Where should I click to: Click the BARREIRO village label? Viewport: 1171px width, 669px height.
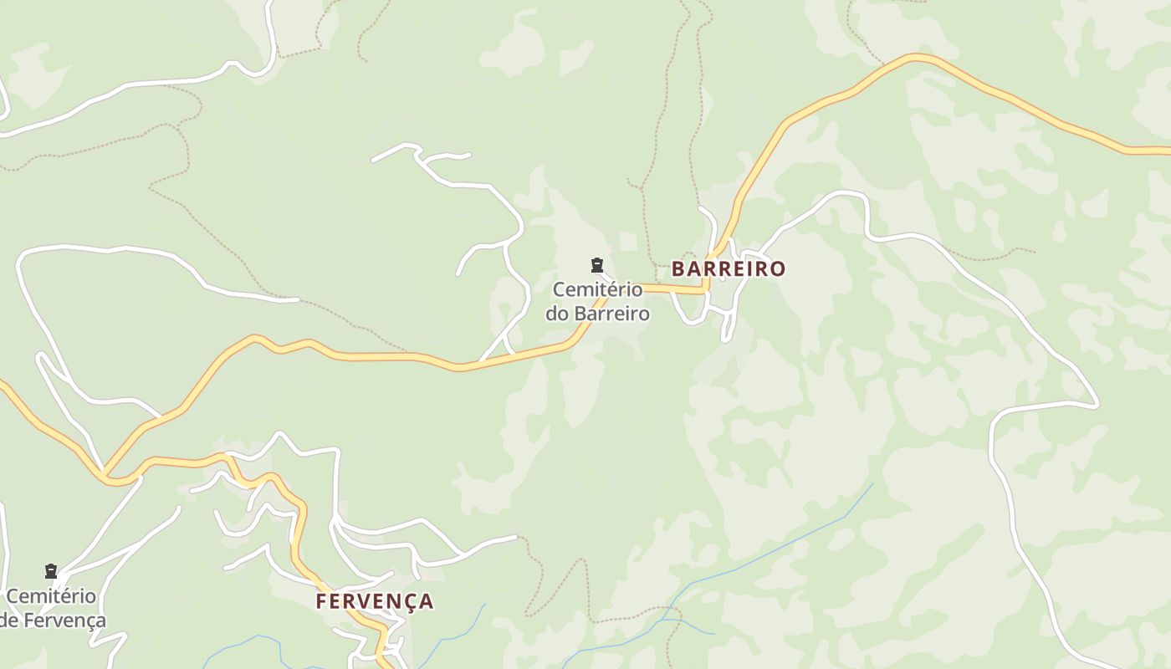click(729, 268)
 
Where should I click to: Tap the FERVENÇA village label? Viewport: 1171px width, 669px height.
click(375, 600)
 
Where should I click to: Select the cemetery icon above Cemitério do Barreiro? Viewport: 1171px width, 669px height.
click(596, 266)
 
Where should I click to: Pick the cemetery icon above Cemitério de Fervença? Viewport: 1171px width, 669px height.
click(51, 571)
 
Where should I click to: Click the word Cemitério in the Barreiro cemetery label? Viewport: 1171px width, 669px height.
click(597, 290)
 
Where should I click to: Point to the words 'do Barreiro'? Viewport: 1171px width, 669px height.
click(597, 314)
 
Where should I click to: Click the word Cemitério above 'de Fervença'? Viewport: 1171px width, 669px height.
click(51, 596)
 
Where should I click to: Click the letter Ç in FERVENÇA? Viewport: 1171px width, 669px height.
click(409, 601)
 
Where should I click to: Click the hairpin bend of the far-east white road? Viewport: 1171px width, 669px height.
click(1096, 404)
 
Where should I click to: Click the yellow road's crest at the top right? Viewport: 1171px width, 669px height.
click(916, 58)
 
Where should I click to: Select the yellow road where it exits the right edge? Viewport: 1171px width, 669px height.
click(1167, 151)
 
